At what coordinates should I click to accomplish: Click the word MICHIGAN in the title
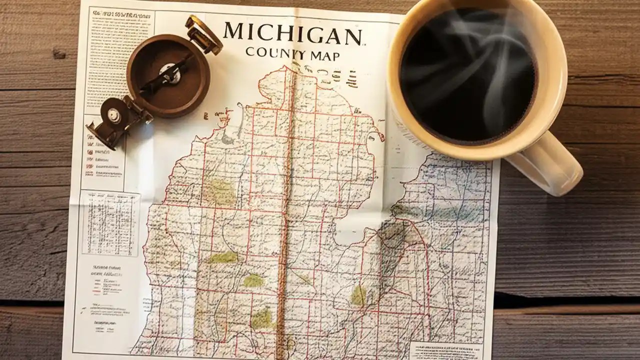tap(292, 34)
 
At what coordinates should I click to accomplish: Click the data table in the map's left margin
tap(110, 223)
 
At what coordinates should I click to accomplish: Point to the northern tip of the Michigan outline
tap(287, 70)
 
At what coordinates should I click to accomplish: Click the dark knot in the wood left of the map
tap(59, 53)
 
